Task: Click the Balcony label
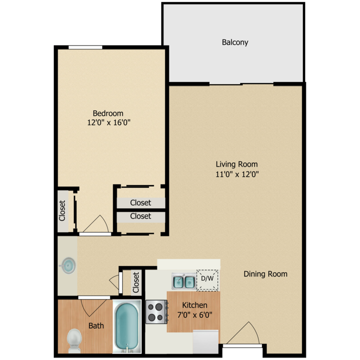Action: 235,42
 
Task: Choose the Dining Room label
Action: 265,274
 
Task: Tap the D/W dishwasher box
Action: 207,279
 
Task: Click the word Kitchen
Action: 194,305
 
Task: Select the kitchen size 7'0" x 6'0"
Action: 194,315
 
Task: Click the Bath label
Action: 96,326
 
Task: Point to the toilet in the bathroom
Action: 74,339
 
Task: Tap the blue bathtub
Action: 127,326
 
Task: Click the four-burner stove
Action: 156,311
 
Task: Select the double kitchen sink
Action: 183,281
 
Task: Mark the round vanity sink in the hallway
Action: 68,264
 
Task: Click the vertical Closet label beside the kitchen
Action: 136,282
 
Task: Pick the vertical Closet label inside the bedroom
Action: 62,210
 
